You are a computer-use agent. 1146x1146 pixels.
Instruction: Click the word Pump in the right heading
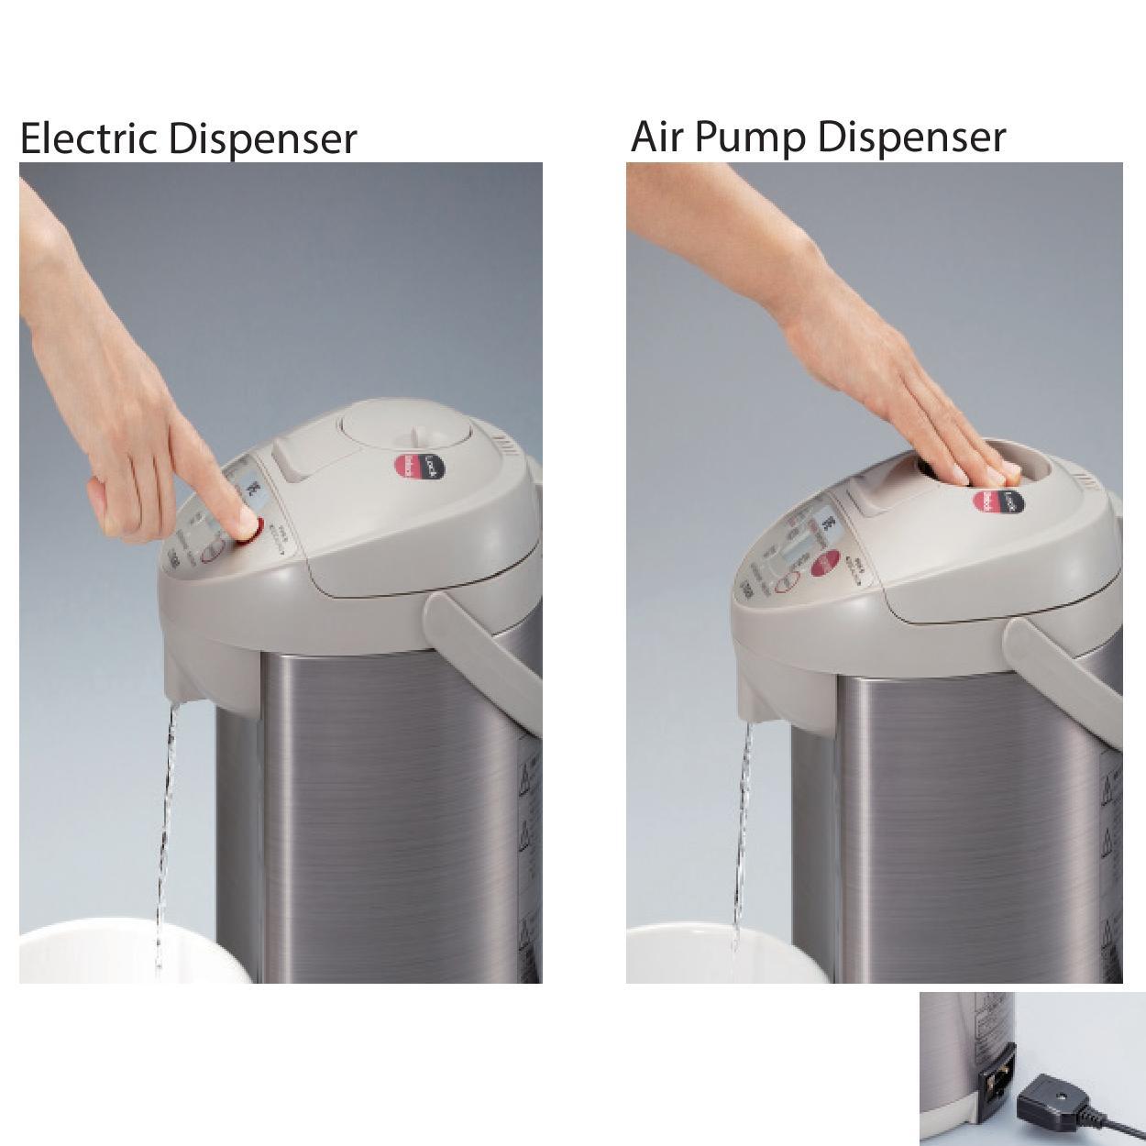click(x=752, y=138)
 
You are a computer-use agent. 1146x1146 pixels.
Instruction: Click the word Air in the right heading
click(x=656, y=137)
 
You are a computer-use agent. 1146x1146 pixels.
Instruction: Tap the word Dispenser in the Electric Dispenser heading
click(x=263, y=139)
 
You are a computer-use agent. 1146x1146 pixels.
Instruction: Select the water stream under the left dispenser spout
click(x=166, y=825)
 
